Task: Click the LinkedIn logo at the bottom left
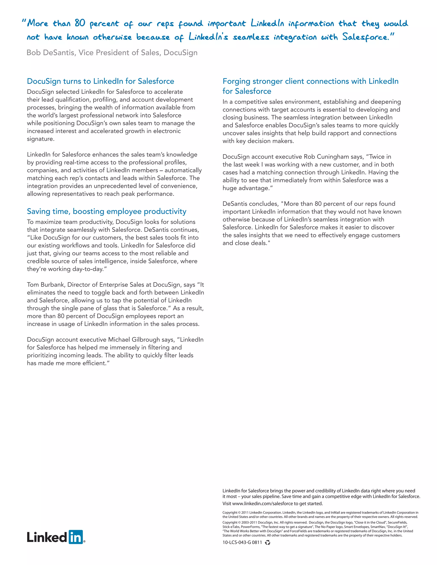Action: tap(56, 537)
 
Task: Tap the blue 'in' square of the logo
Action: tap(76, 537)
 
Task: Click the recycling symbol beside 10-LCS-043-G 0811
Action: tap(268, 542)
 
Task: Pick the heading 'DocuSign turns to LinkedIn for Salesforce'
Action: tap(101, 81)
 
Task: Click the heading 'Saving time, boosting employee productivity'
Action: tap(106, 211)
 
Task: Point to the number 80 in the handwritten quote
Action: tap(80, 23)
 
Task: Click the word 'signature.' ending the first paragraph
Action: tap(41, 139)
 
